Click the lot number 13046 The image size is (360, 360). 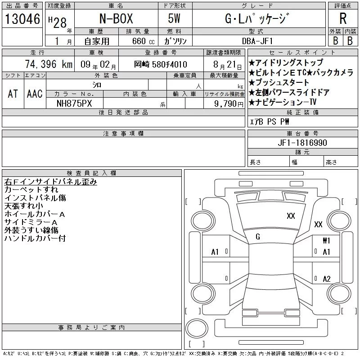(x=22, y=19)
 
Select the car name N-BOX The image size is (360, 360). (x=116, y=18)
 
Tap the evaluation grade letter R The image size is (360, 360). (x=343, y=18)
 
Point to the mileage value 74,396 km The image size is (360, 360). (x=49, y=64)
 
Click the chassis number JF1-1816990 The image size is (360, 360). (x=302, y=143)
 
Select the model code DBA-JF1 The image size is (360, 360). (x=257, y=41)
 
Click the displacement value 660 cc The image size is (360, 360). (x=143, y=41)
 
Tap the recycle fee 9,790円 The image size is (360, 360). (x=229, y=103)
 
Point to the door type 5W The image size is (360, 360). (x=174, y=18)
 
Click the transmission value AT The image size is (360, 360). (x=13, y=94)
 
